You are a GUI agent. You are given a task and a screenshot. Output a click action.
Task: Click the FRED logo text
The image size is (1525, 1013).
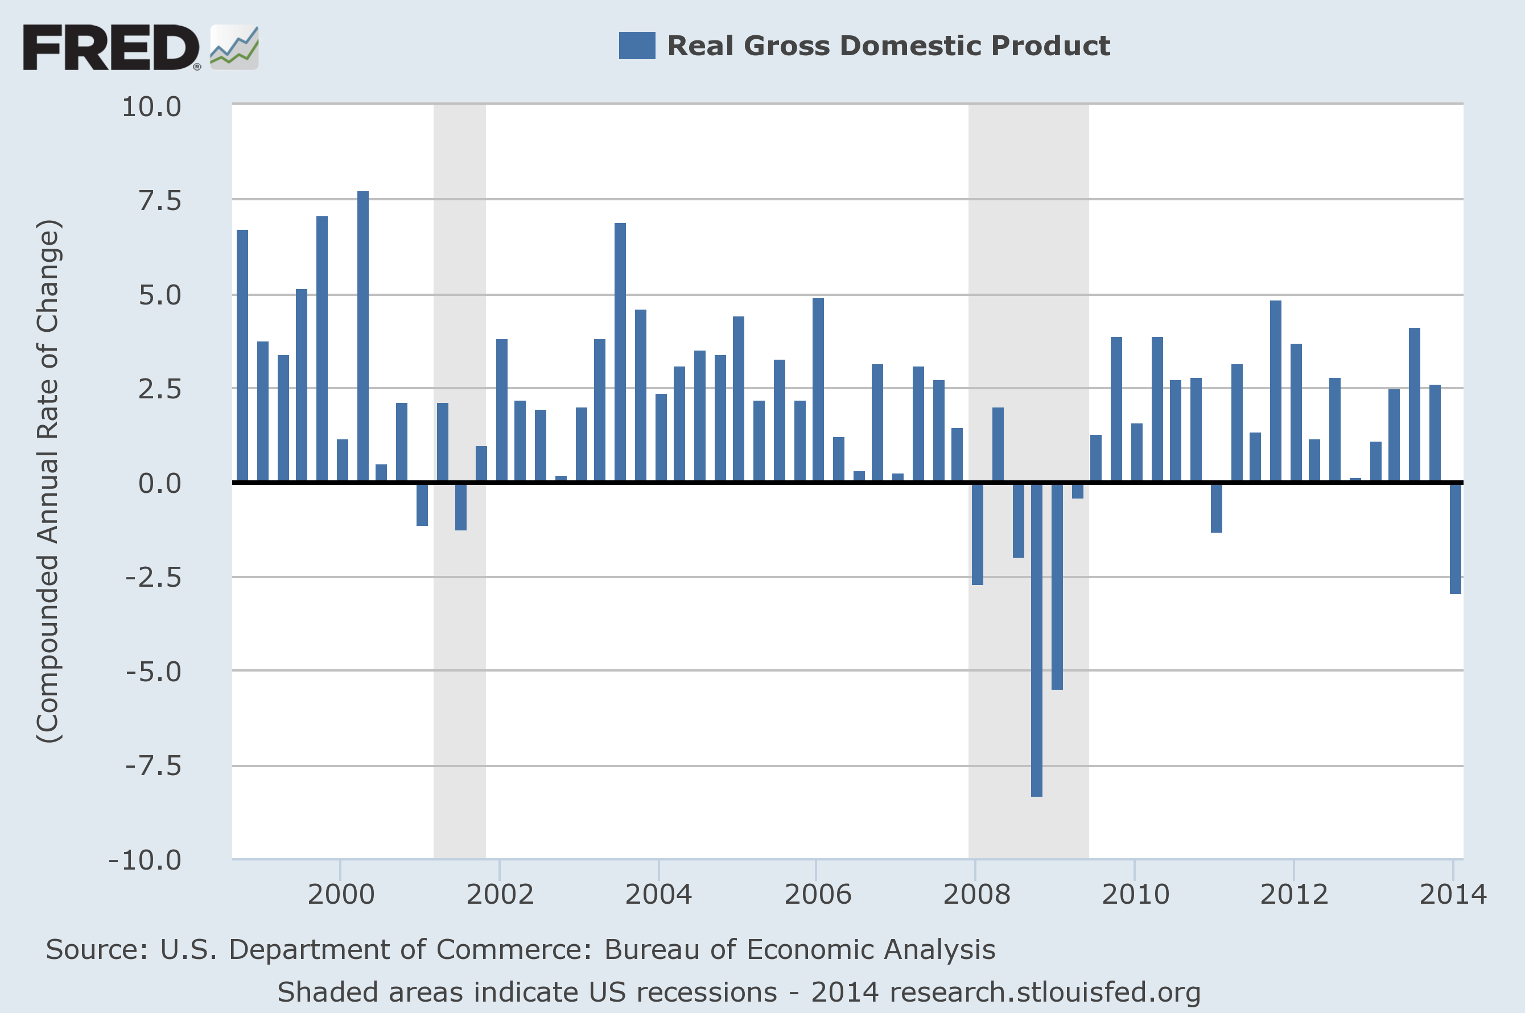[110, 47]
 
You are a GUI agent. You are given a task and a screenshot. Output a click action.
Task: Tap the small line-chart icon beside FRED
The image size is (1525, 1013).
[234, 47]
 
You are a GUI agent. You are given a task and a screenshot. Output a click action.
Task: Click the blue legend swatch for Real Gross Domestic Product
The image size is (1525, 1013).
[636, 46]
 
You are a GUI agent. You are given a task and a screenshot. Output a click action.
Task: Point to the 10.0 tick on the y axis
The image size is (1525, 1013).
[152, 107]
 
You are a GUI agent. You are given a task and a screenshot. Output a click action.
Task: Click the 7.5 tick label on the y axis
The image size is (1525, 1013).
[159, 201]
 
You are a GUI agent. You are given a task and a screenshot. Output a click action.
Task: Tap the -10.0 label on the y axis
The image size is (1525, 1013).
[145, 860]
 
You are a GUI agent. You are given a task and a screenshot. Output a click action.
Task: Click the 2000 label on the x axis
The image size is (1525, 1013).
[340, 895]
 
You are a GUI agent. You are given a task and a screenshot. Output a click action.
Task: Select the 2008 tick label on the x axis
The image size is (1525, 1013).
[976, 895]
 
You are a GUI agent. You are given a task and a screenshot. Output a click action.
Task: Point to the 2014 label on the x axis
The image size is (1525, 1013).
[1453, 895]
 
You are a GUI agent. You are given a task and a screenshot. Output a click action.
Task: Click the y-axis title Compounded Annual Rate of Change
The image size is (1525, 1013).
[48, 481]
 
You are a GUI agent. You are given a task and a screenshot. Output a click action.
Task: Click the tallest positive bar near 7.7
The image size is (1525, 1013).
[363, 336]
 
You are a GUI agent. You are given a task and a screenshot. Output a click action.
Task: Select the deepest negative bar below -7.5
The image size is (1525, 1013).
[1037, 640]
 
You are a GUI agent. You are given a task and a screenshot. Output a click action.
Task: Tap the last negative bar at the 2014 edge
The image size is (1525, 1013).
[1455, 538]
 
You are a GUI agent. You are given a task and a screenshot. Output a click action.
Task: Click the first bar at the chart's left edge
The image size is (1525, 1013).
[242, 355]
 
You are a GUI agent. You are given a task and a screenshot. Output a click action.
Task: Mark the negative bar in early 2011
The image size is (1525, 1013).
[1216, 508]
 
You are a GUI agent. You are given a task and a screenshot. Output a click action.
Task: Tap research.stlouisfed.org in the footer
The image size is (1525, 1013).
[1044, 993]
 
